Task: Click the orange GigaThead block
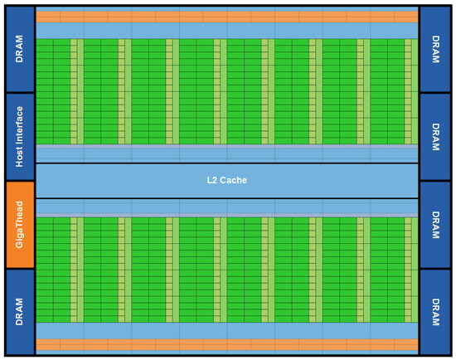click(x=19, y=224)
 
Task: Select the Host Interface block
click(x=19, y=136)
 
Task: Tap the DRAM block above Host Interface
click(x=19, y=49)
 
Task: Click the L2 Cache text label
click(x=226, y=180)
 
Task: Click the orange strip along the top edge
click(x=226, y=17)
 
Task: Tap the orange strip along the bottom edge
click(x=226, y=343)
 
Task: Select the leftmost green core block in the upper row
click(x=52, y=91)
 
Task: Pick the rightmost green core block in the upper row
click(x=386, y=91)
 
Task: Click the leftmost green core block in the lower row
click(x=52, y=270)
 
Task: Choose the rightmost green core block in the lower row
click(x=386, y=270)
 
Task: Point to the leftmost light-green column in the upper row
click(x=74, y=91)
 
